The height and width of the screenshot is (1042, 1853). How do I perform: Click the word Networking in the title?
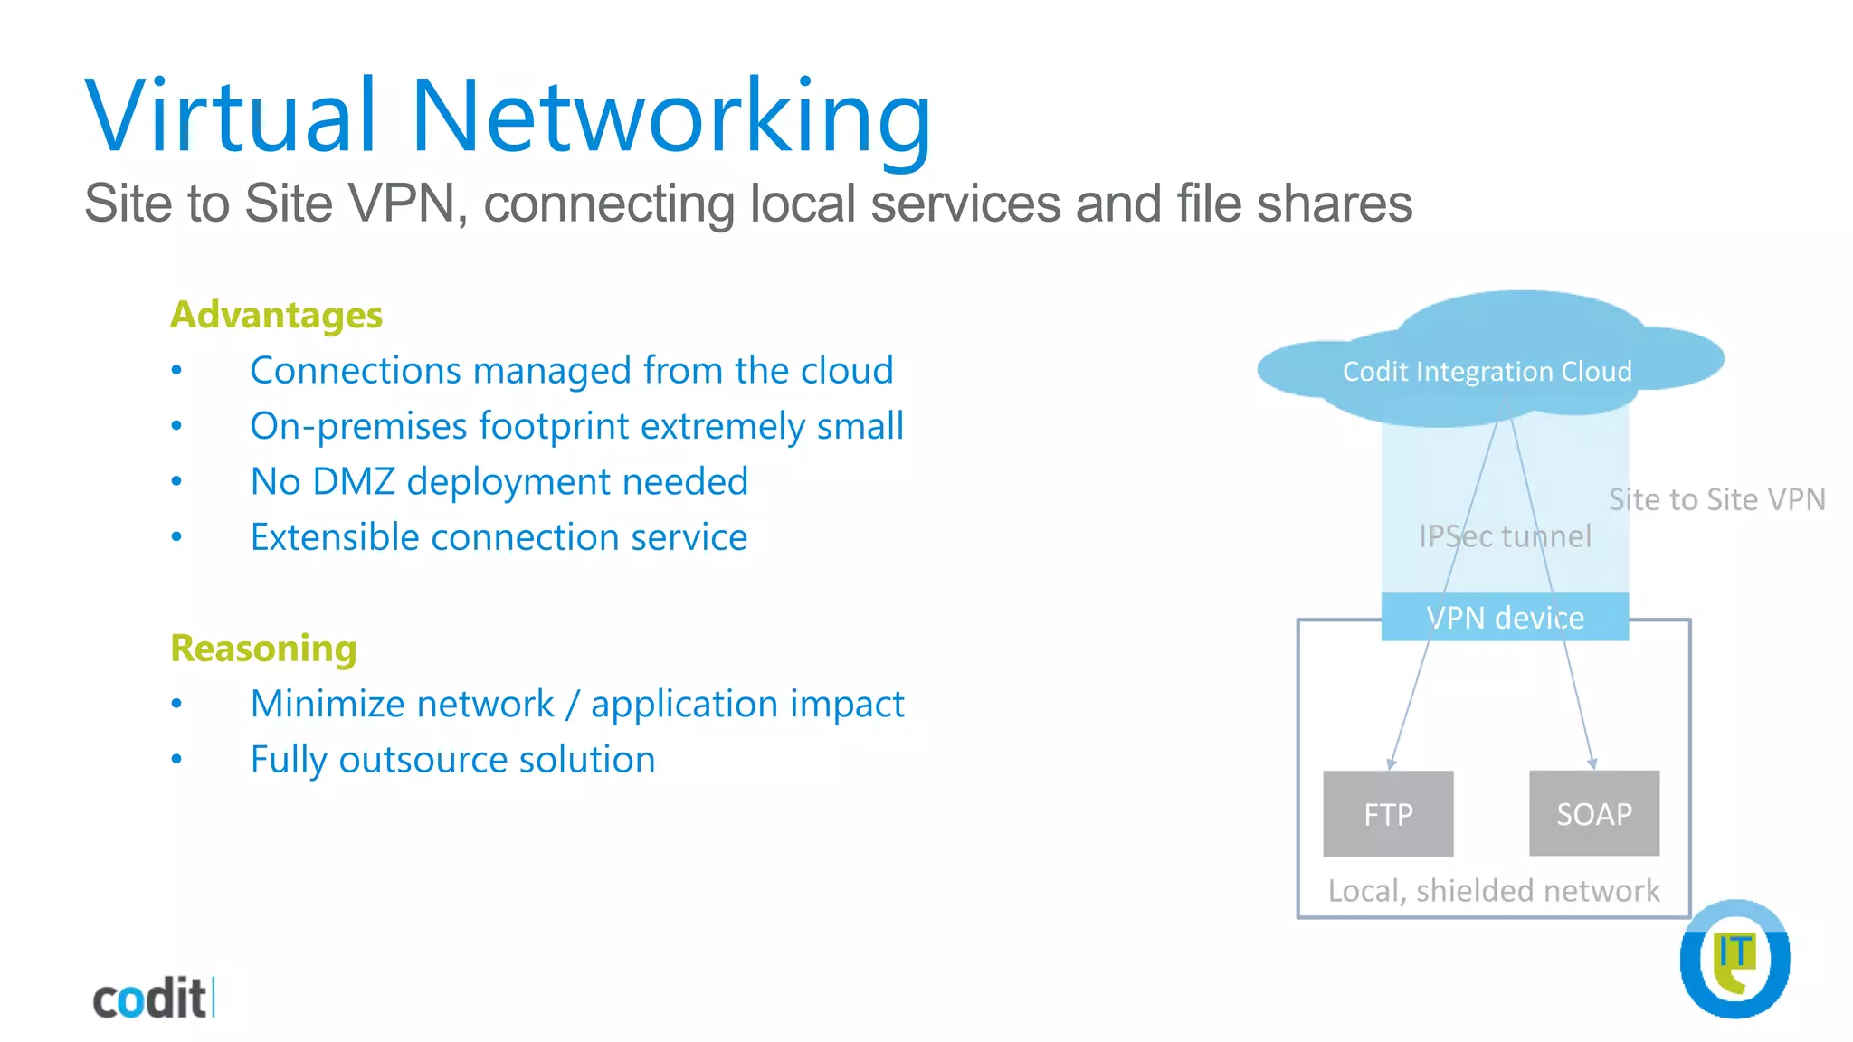[670, 118]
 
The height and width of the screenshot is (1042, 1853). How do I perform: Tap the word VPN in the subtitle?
[403, 203]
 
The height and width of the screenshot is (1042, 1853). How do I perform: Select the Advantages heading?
[276, 315]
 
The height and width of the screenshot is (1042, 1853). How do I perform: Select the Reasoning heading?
[263, 649]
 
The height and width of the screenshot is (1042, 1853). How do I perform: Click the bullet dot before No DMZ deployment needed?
[176, 481]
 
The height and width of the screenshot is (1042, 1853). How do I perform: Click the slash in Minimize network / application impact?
[572, 705]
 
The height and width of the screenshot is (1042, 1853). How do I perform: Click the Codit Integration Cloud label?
[1487, 371]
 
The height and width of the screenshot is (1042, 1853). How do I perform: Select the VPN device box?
[1505, 618]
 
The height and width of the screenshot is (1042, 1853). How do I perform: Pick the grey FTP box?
[1388, 814]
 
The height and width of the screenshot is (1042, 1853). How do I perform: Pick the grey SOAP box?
[1594, 814]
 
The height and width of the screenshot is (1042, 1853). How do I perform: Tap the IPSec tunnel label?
[1505, 536]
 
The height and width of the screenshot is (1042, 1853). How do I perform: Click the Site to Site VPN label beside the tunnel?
[1716, 499]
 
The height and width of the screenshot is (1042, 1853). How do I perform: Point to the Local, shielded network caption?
[1494, 891]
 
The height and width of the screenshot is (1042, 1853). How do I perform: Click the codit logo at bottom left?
[152, 999]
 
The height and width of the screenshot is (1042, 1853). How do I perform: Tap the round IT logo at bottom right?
[1734, 959]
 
